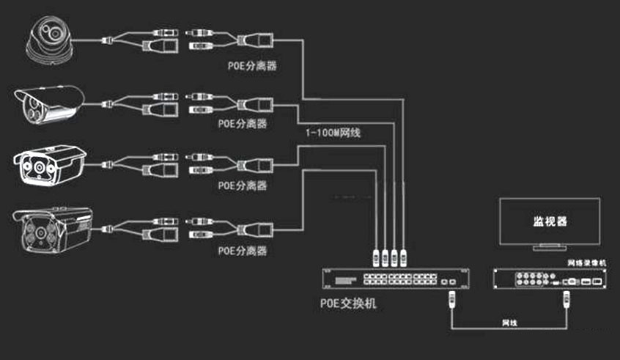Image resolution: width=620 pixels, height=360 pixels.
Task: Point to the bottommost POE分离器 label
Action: click(242, 251)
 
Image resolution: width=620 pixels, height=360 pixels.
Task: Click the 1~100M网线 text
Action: click(334, 133)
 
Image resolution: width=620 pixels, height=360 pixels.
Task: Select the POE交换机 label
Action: click(349, 302)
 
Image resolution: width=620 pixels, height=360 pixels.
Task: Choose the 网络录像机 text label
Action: click(588, 261)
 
